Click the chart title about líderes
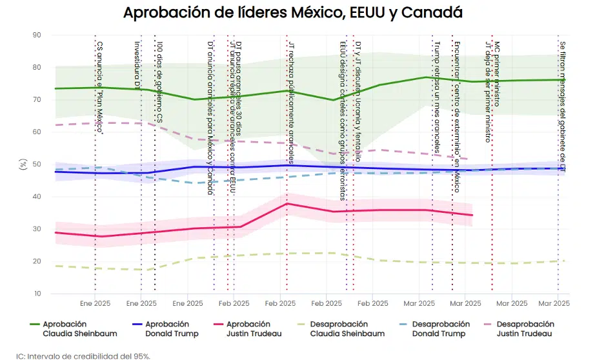(292, 13)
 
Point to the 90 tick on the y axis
(37, 35)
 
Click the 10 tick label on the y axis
(37, 294)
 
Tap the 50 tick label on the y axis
(37, 165)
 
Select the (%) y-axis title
(24, 165)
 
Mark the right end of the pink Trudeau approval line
(472, 215)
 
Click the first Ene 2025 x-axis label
(95, 303)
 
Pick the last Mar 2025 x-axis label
(554, 303)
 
